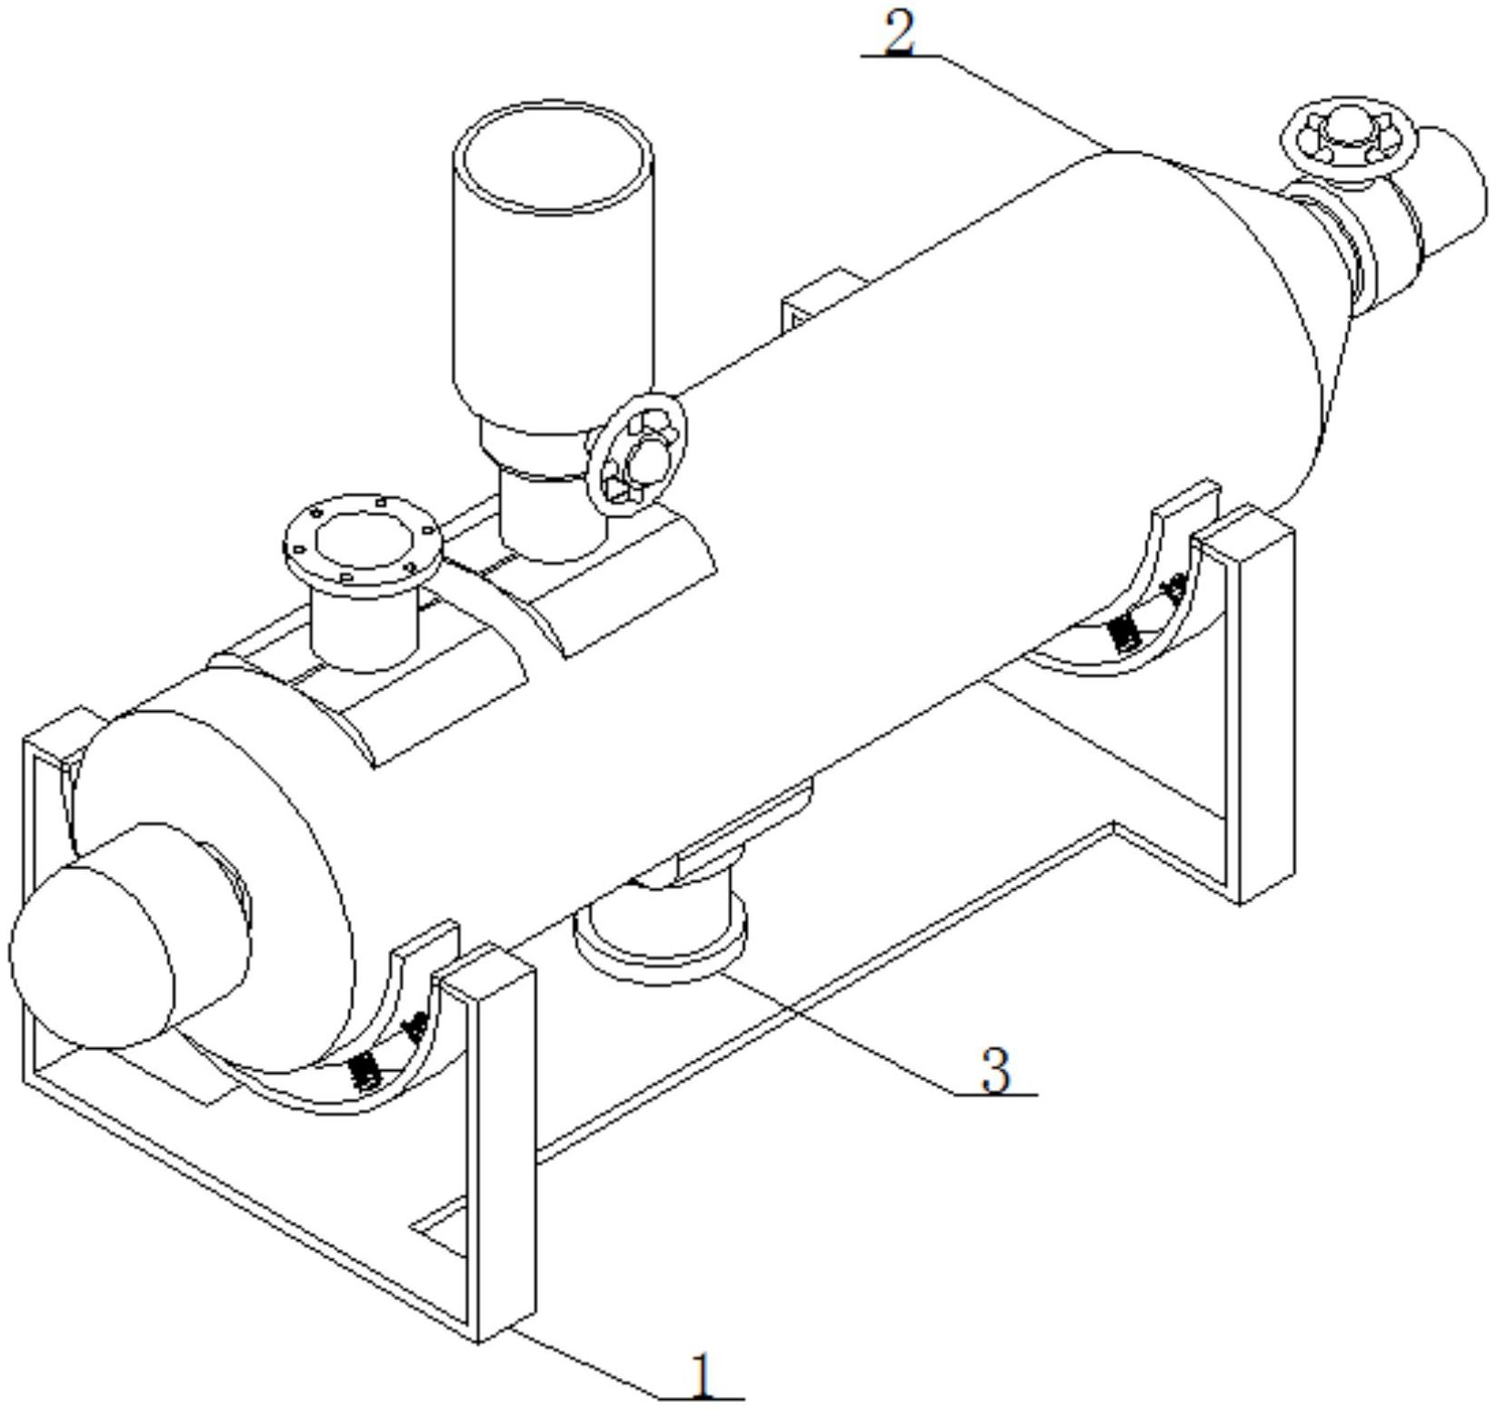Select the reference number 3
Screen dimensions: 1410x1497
(996, 1070)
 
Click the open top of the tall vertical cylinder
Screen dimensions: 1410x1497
(554, 161)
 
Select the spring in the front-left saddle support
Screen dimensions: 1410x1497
(365, 1070)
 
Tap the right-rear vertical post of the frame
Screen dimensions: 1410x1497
(1263, 709)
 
